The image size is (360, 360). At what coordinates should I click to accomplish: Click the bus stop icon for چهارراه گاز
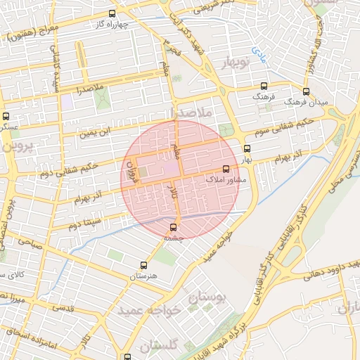pyautogui.click(x=112, y=13)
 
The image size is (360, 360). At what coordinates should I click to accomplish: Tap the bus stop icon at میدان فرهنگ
pyautogui.click(x=305, y=91)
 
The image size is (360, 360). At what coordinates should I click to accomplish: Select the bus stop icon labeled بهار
pyautogui.click(x=246, y=148)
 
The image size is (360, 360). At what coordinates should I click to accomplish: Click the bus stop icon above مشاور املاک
pyautogui.click(x=226, y=169)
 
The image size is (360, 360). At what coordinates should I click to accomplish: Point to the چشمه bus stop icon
pyautogui.click(x=174, y=227)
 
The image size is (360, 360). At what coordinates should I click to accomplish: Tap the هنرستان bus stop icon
pyautogui.click(x=143, y=265)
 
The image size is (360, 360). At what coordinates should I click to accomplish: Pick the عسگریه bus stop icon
pyautogui.click(x=6, y=116)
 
